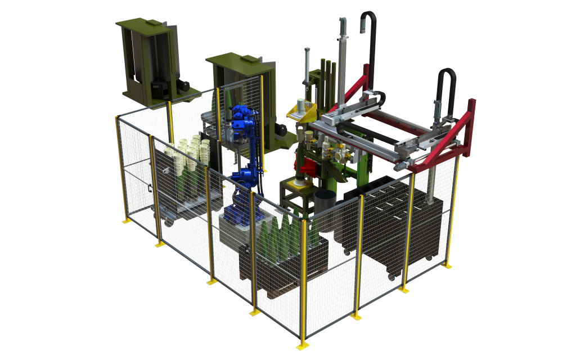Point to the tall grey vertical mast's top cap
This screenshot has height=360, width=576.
pyautogui.click(x=342, y=21)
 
